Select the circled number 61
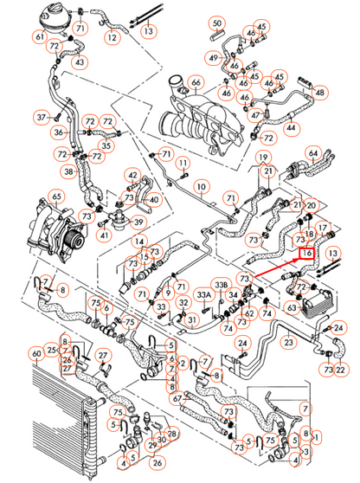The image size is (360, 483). click(40, 37)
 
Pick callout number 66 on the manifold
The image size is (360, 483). click(196, 83)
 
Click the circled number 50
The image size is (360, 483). click(216, 22)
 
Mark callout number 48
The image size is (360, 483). click(321, 93)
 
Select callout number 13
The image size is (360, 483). click(149, 31)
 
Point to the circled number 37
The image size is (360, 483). click(40, 116)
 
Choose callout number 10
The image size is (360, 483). click(200, 186)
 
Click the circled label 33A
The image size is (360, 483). click(204, 295)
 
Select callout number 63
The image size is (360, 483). click(292, 306)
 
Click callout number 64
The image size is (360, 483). click(313, 154)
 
